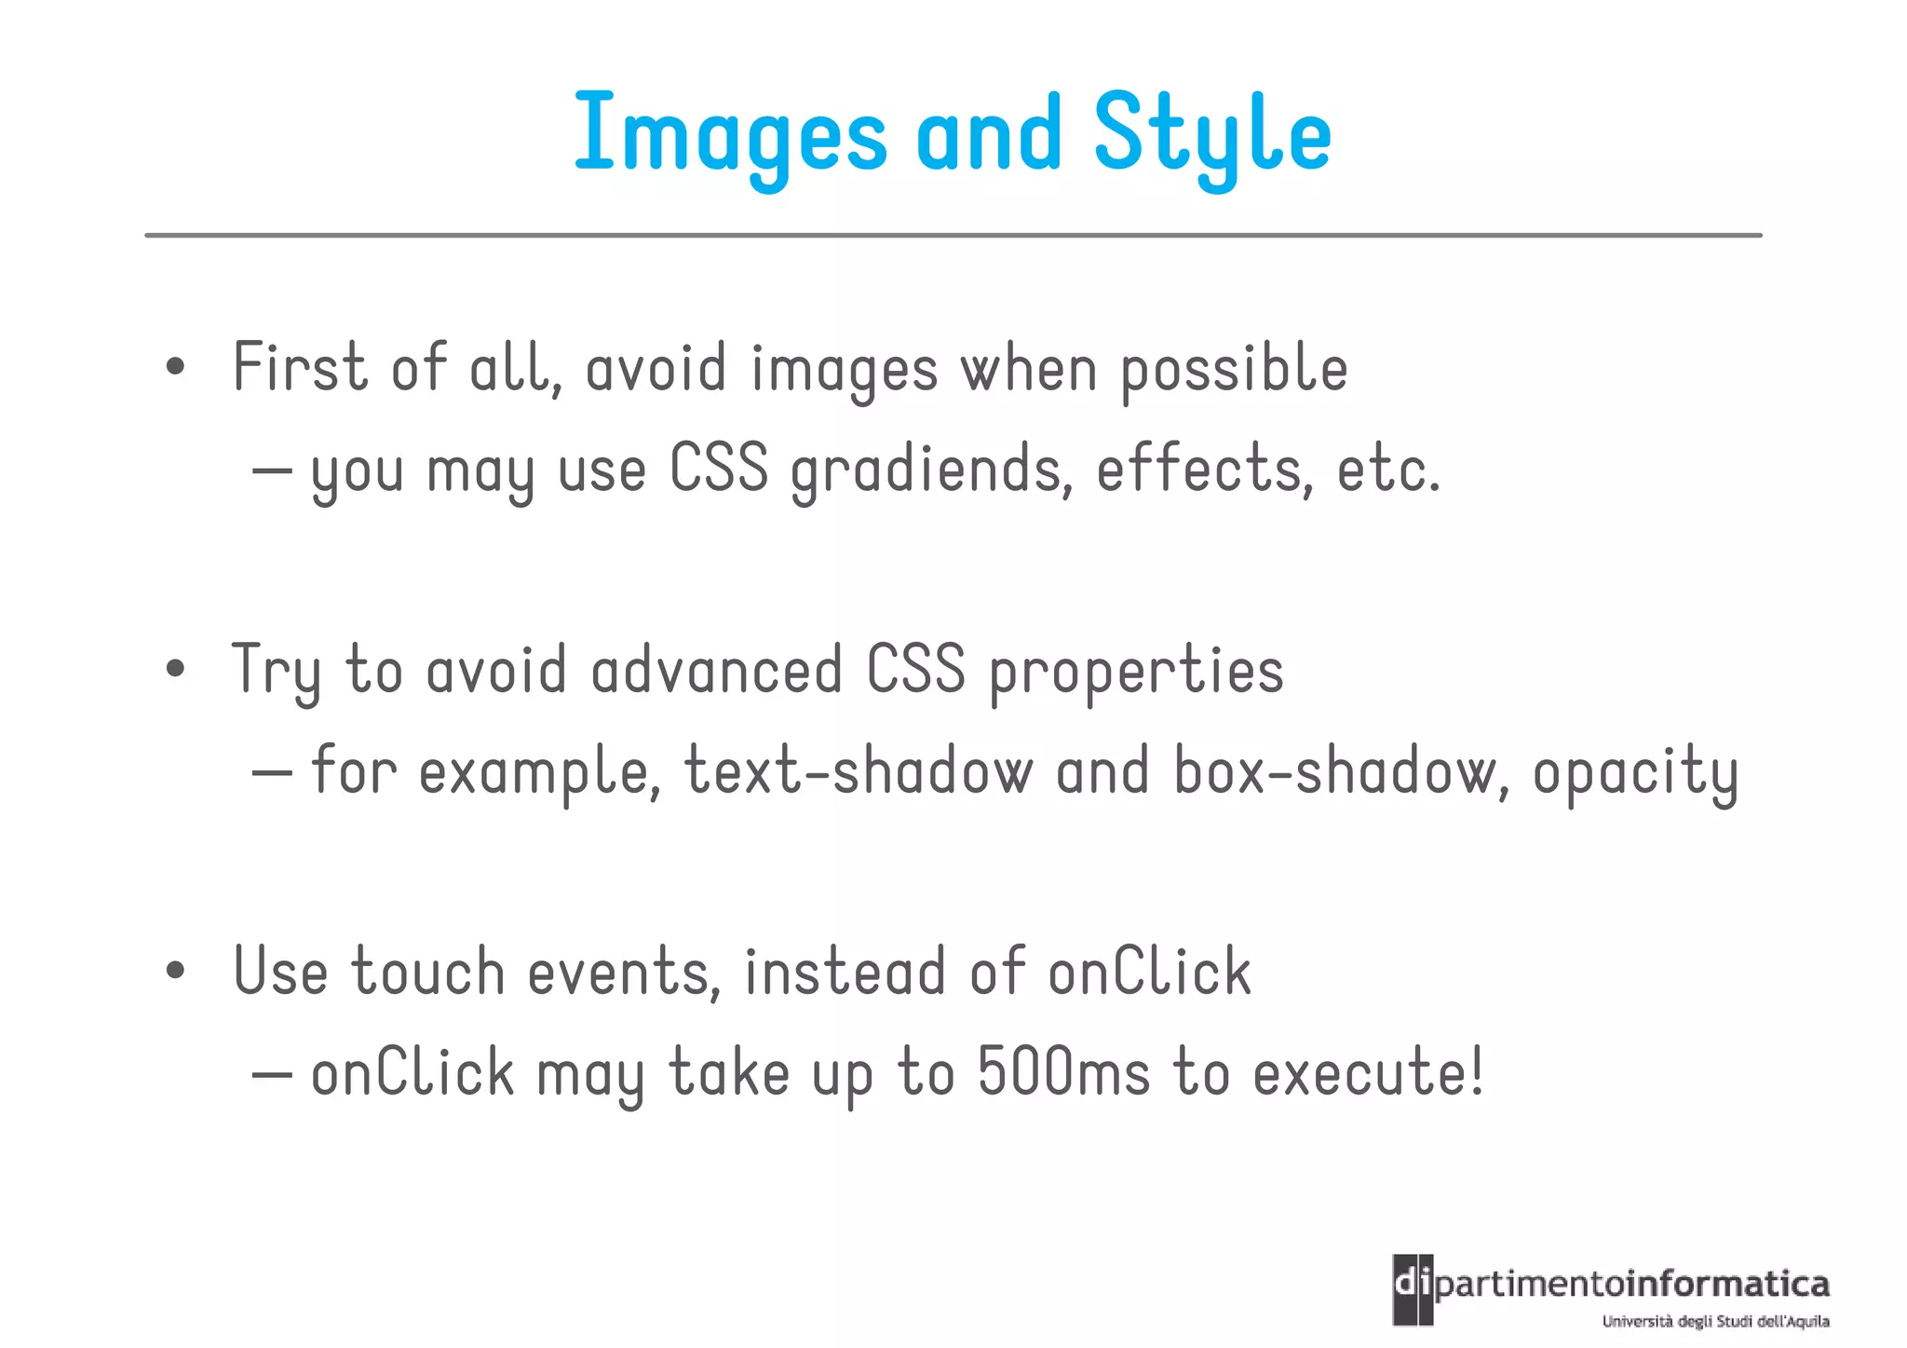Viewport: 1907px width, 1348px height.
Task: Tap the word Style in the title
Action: [1212, 135]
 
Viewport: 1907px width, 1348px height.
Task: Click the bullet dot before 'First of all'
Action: [175, 367]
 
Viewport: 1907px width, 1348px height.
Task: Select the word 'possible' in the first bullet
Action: [1234, 370]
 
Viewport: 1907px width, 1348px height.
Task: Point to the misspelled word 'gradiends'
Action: [926, 470]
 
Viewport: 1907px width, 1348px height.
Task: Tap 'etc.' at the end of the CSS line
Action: [1388, 470]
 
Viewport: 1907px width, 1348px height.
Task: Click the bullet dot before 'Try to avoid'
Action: [175, 669]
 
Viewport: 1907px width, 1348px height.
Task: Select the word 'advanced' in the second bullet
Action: [717, 671]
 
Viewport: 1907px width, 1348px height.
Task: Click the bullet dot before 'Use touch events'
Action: [175, 971]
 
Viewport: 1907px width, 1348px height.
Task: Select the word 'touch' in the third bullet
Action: [428, 972]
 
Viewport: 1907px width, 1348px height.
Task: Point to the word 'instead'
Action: [845, 972]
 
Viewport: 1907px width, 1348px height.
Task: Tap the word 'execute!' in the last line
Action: [1367, 1072]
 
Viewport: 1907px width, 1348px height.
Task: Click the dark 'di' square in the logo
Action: [1413, 1289]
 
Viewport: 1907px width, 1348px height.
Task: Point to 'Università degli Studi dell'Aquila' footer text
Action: [1715, 1321]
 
